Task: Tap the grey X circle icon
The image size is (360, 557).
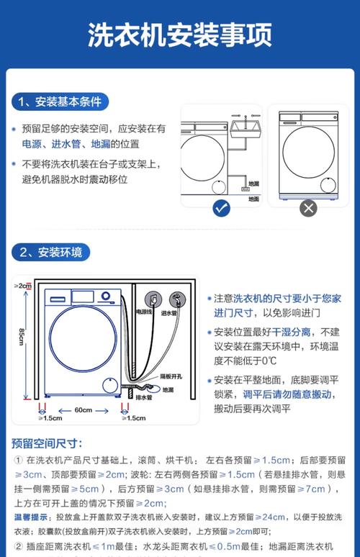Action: click(x=308, y=209)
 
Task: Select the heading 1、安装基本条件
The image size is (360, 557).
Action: click(x=61, y=101)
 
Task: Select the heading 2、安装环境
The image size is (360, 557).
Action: click(x=51, y=252)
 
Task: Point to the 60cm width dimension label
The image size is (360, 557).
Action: click(x=84, y=410)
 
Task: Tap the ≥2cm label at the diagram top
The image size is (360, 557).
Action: click(x=23, y=286)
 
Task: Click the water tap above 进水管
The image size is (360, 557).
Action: click(x=174, y=299)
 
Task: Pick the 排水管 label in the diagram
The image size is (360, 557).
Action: click(x=145, y=397)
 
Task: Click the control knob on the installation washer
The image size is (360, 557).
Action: click(x=106, y=296)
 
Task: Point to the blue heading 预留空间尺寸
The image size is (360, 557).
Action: click(x=47, y=443)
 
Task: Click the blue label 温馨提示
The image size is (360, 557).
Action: click(x=32, y=517)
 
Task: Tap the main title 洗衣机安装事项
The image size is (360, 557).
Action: click(x=179, y=35)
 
